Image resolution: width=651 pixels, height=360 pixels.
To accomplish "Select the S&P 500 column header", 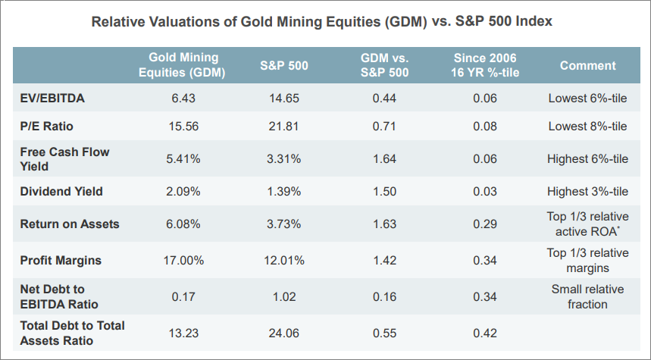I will (283, 65).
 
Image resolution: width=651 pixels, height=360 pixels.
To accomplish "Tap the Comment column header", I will (587, 65).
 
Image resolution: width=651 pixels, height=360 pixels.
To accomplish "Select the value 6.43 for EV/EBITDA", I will (183, 99).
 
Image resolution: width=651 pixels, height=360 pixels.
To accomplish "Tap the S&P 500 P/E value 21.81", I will (283, 126).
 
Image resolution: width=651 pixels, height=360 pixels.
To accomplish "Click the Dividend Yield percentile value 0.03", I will (486, 192).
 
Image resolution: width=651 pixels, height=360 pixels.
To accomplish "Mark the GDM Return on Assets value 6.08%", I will (183, 224).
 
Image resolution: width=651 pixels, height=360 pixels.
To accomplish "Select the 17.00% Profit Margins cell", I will (183, 261).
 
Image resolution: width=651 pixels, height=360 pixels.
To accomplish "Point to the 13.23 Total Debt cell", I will (183, 333).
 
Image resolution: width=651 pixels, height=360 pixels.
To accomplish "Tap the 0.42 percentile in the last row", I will (486, 333).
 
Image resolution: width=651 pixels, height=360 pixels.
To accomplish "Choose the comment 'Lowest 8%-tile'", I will (587, 126).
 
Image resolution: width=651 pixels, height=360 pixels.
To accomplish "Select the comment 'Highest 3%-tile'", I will (587, 192).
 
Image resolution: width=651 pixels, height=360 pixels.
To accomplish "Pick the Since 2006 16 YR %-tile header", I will (486, 65).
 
